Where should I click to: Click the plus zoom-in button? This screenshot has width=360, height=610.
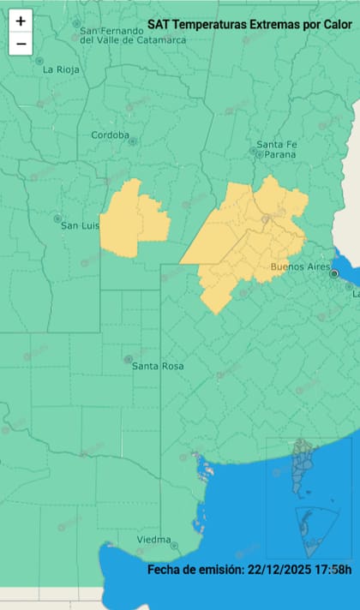pos(21,21)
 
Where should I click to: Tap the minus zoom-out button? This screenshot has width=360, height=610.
pos(21,44)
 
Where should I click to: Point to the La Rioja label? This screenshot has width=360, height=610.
pos(61,69)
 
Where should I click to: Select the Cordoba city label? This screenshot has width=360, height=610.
pos(111,135)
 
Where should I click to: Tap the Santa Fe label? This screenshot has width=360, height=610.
pos(276,143)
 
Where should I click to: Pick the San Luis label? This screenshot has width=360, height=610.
pos(80,225)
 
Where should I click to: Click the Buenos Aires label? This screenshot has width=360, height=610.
pos(300,267)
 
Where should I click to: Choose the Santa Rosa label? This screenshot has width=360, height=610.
pos(158,366)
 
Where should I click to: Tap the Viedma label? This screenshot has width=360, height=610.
pos(153,540)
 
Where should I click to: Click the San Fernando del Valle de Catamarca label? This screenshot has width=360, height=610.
pos(123,34)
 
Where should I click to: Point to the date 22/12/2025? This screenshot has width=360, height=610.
pos(279,570)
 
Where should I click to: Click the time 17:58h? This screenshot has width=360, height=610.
pos(333,570)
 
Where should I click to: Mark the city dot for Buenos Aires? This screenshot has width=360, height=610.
pos(334,274)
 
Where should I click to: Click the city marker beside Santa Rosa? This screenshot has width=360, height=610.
pos(128,359)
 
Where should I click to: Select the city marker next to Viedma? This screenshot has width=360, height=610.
pos(174,545)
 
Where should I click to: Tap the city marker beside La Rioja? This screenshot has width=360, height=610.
pos(39,61)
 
